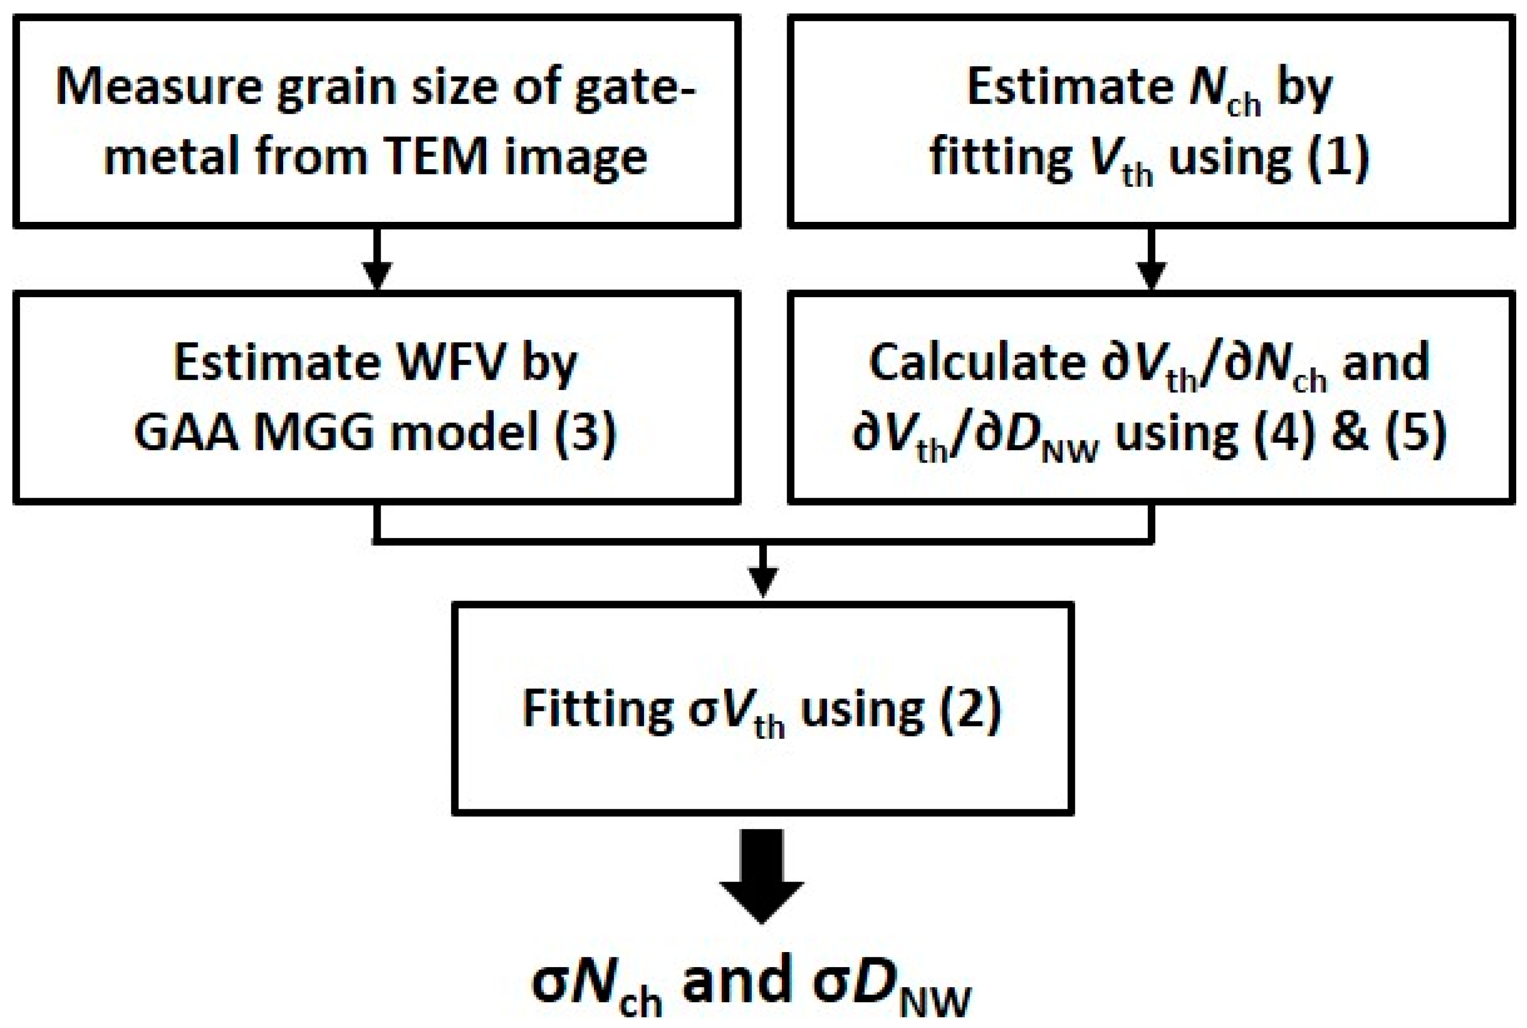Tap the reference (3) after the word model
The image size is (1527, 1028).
point(585,433)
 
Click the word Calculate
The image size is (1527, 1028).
point(977,362)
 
